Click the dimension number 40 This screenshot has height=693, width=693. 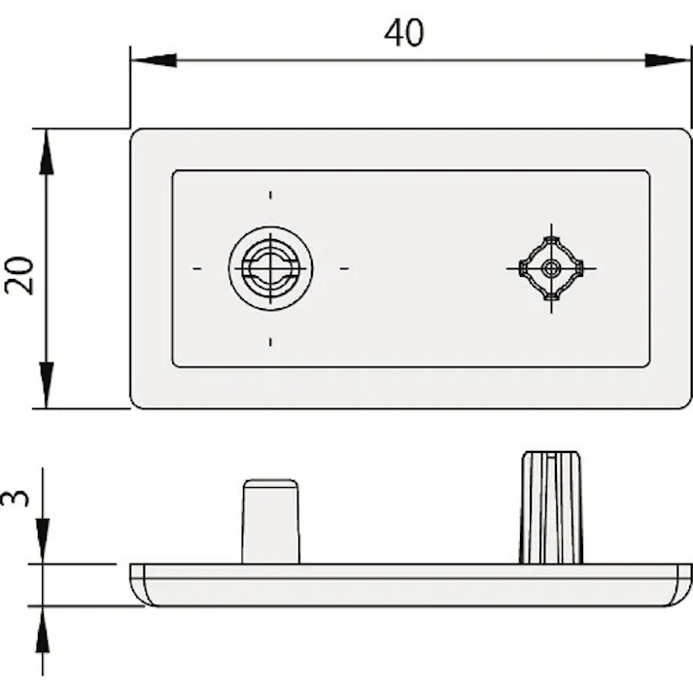404,33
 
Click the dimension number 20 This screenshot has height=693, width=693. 19,275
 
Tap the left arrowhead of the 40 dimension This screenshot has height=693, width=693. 154,60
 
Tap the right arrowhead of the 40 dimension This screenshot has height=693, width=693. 668,60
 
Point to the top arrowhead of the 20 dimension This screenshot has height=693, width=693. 46,152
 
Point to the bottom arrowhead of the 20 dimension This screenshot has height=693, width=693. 46,385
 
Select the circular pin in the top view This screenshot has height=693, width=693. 270,268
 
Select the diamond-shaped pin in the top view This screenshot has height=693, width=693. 551,268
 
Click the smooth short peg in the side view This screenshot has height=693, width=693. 270,522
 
